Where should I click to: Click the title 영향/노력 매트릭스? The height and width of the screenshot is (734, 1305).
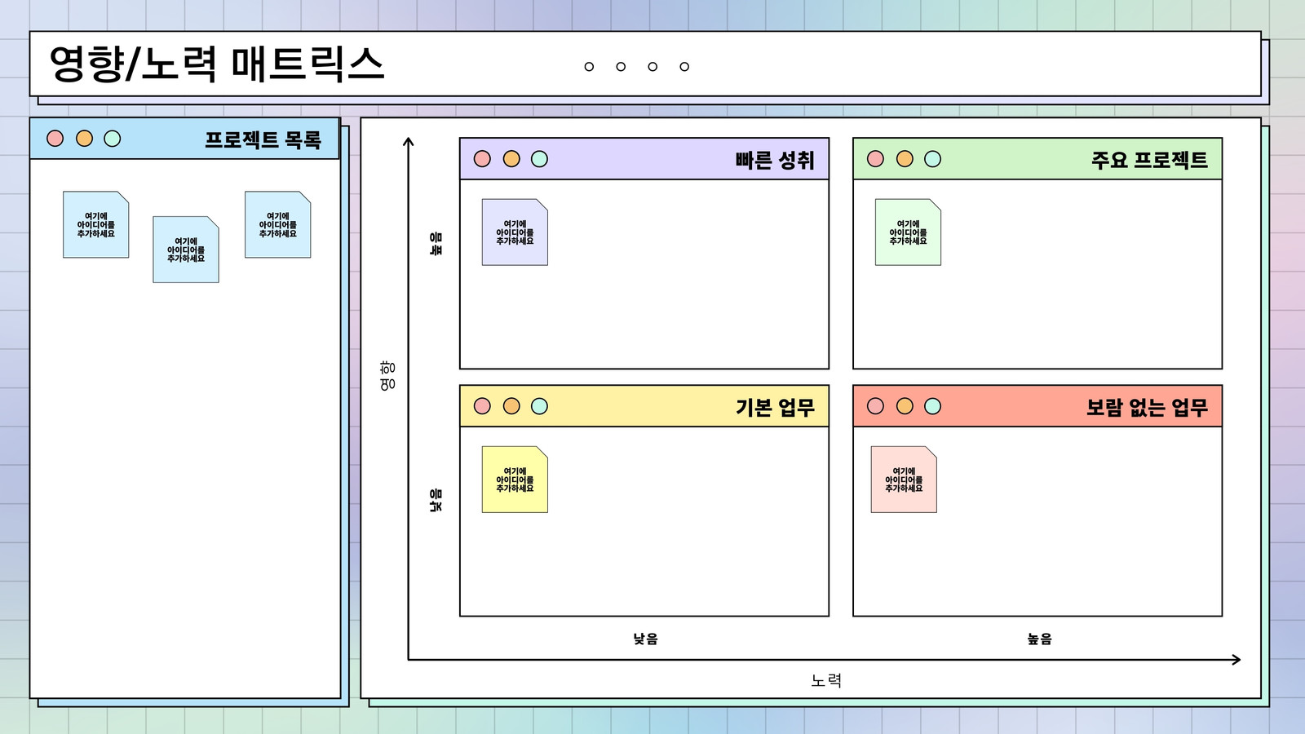point(217,64)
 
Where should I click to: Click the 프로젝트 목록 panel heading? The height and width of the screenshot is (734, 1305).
point(263,139)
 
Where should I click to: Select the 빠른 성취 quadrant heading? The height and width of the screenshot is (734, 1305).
point(774,160)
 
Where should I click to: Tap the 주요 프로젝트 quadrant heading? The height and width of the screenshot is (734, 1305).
point(1149,160)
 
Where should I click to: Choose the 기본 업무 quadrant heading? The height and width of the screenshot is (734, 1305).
point(775,407)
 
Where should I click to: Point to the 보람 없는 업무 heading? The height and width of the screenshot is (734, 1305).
point(1147,407)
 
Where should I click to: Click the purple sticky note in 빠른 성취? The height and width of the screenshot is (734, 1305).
point(515,232)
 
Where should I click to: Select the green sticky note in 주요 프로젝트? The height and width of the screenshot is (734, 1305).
point(908,232)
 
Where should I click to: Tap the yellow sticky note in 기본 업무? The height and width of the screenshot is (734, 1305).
point(515,480)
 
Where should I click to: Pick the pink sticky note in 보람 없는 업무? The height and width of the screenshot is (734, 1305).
point(904,480)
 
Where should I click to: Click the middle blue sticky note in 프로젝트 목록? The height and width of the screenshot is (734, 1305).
point(186,250)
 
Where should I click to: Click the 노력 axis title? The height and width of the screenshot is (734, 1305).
point(826,680)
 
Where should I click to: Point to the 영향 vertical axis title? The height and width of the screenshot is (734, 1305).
point(387,376)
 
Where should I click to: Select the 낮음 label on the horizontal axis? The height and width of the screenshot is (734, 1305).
point(645,639)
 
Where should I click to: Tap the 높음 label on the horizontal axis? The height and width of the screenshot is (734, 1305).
point(1039,639)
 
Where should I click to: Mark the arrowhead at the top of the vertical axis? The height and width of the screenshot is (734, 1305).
point(409,139)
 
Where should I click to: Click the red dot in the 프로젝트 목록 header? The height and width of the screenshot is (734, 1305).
point(55,139)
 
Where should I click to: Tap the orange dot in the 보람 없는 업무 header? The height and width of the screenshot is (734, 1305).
point(905,406)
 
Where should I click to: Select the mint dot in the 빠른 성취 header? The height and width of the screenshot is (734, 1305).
point(539,159)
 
